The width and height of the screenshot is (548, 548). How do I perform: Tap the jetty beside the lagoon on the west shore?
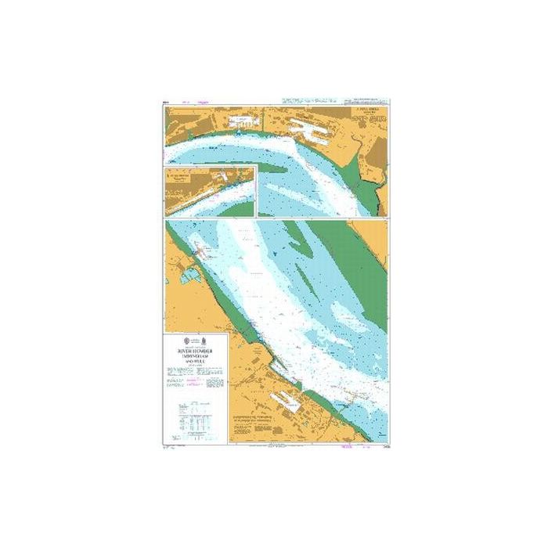click(x=205, y=251)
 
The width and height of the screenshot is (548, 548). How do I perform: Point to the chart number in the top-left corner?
click(x=166, y=102)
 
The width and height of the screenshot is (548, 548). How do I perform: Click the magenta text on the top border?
click(x=205, y=102)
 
